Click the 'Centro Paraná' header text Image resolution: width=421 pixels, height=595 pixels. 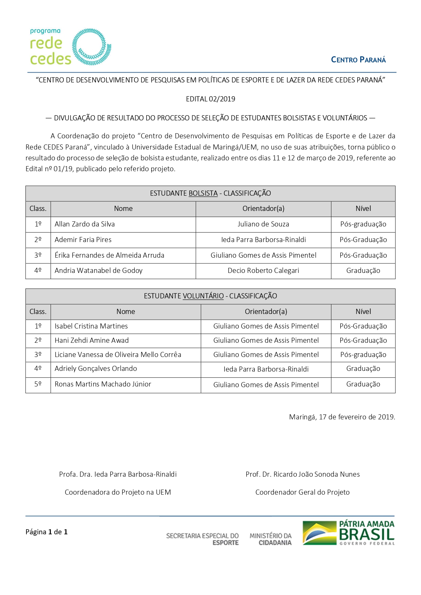[358, 60]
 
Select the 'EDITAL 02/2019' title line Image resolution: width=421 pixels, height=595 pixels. [210, 99]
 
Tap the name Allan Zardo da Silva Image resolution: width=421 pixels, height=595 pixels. [85, 224]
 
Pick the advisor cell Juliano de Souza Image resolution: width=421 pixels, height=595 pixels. [263, 224]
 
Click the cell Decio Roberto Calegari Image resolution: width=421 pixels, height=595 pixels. [263, 271]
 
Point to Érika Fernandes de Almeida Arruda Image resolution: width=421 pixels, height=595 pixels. [109, 255]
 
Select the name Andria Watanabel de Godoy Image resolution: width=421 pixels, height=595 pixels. [98, 271]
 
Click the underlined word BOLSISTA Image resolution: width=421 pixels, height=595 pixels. [203, 193]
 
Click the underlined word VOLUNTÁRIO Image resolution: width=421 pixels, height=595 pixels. [203, 296]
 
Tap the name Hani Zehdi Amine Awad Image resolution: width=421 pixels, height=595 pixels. [92, 340]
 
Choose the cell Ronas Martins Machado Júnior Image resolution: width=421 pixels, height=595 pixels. [103, 384]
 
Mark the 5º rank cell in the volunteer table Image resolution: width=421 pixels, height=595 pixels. [38, 384]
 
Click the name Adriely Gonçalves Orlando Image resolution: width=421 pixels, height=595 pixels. [96, 369]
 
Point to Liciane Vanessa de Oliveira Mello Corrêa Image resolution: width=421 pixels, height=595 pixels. [118, 355]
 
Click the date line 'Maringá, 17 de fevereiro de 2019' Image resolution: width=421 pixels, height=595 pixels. [342, 417]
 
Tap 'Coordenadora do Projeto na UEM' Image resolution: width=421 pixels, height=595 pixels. [118, 492]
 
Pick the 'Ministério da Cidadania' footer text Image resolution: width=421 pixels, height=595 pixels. [270, 539]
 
